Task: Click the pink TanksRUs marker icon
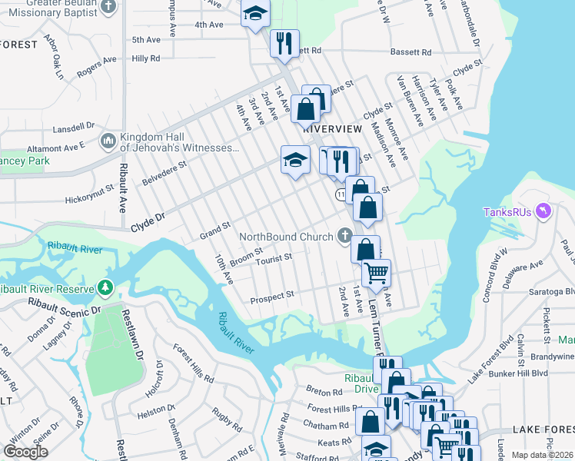(544, 211)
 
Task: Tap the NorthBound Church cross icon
(346, 236)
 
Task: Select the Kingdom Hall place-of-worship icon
(108, 141)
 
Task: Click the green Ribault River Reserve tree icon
(105, 288)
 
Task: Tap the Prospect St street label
(273, 295)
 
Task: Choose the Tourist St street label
(274, 258)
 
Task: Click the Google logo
(25, 451)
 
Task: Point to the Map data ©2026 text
(541, 455)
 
